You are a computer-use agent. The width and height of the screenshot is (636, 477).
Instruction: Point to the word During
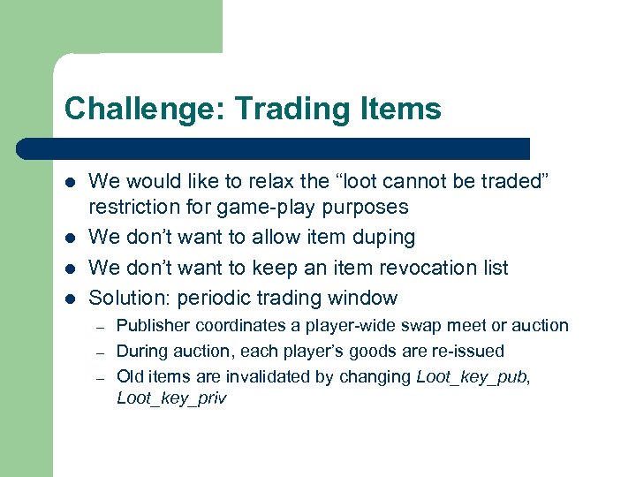pyautogui.click(x=142, y=351)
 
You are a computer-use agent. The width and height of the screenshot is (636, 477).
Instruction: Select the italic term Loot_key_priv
pyautogui.click(x=171, y=398)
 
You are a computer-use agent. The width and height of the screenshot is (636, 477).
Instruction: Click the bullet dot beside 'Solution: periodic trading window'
pyautogui.click(x=68, y=299)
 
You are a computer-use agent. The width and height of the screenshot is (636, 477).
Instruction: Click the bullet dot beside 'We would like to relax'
pyautogui.click(x=68, y=183)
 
